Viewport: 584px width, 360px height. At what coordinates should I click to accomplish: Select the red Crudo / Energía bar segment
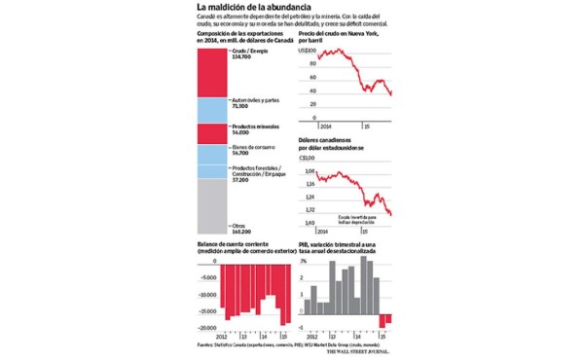[213, 71]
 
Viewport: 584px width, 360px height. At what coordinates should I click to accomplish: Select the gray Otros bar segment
[213, 205]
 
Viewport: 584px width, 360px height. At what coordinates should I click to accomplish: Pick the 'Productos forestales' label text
[258, 167]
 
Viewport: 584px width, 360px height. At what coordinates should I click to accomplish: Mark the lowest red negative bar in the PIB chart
[386, 321]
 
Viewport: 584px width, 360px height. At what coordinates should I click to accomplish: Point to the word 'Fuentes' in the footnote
[205, 344]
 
